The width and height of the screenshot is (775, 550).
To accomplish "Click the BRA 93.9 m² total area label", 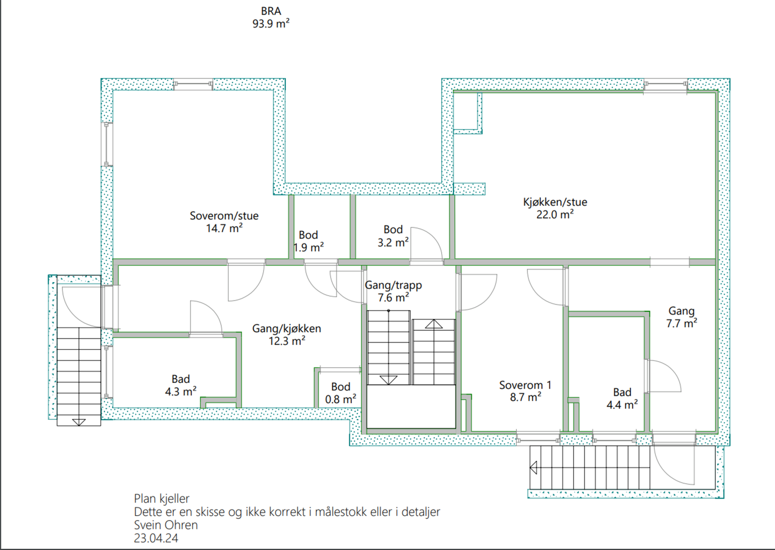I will (x=271, y=17).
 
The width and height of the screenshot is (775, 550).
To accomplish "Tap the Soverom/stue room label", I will (x=224, y=222).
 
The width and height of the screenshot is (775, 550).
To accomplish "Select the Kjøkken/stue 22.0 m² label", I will (x=555, y=208).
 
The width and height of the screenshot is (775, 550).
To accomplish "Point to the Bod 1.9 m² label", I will (x=309, y=241).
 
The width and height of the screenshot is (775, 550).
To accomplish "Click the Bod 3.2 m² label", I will (x=393, y=236).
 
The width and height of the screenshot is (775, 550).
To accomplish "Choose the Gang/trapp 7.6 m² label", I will (x=393, y=291).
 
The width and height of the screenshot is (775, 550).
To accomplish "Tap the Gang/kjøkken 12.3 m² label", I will (x=286, y=334).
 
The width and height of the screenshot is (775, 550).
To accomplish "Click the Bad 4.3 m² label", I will (x=181, y=385).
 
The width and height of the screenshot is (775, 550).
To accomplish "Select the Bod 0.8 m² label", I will (x=341, y=393).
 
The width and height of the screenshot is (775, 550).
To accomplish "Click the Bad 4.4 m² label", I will (x=622, y=398).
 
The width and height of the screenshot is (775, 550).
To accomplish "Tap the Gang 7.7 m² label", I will (x=682, y=317).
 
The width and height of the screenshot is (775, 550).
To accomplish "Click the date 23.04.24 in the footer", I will (x=156, y=538).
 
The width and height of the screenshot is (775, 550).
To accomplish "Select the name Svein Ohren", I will (x=166, y=525).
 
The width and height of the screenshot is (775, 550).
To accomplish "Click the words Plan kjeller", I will (x=162, y=499).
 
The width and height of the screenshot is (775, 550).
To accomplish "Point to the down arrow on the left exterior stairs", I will (x=79, y=422).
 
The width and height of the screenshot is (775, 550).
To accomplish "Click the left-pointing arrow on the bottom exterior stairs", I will (x=534, y=468).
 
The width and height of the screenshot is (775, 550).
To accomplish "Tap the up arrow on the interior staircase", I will (x=434, y=324).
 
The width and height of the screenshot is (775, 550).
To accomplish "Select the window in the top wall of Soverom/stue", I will (x=193, y=84).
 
